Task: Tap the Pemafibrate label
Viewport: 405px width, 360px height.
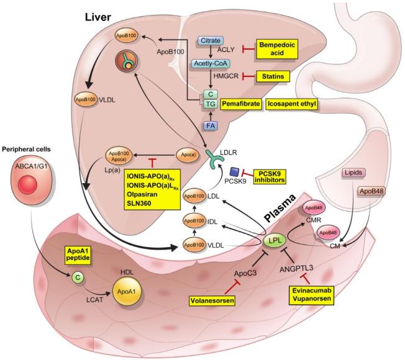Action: pos(240,104)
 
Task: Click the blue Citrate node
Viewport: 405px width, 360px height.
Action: pos(210,40)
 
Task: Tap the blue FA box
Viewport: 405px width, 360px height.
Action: pos(210,127)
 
